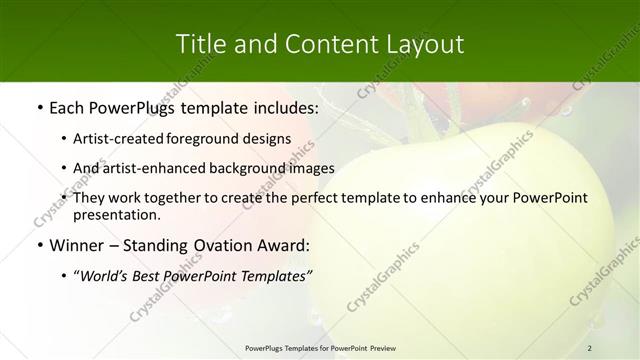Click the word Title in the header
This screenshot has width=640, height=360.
coord(198,44)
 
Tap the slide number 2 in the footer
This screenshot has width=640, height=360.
coord(590,347)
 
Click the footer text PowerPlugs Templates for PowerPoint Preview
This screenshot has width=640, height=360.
coord(320,347)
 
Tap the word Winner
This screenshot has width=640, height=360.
coord(79,245)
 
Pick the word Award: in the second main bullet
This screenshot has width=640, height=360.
coord(285,245)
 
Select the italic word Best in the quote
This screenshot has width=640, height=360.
coord(155,275)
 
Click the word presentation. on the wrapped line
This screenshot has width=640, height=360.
coord(117,215)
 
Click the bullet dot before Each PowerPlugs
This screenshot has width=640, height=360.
coord(39,107)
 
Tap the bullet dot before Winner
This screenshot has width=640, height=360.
coord(39,246)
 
